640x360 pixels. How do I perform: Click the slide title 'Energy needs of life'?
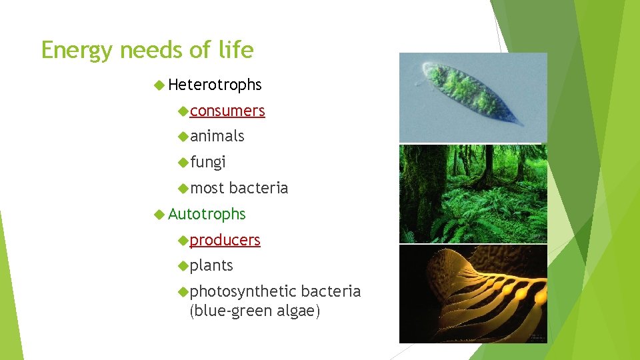pos(147,51)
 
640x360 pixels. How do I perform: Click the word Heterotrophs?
pos(215,85)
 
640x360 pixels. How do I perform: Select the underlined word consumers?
pos(227,111)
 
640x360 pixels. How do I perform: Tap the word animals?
pos(217,136)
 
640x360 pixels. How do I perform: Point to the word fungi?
pos(208,162)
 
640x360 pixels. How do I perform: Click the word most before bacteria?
pos(207,188)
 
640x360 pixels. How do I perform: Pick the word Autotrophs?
pos(207,214)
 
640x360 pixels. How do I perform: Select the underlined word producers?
pos(225,240)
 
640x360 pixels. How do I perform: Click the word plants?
pos(211,265)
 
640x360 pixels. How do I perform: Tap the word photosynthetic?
pos(243,291)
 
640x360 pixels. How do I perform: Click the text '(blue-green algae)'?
pos(255,311)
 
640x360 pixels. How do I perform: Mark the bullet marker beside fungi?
pos(184,162)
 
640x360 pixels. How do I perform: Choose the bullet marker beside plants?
pos(184,265)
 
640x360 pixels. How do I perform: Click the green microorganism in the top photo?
pos(470,95)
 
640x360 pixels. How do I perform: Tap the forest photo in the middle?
pos(473,193)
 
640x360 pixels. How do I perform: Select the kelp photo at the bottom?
pos(473,293)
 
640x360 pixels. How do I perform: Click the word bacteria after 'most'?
pos(259,188)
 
